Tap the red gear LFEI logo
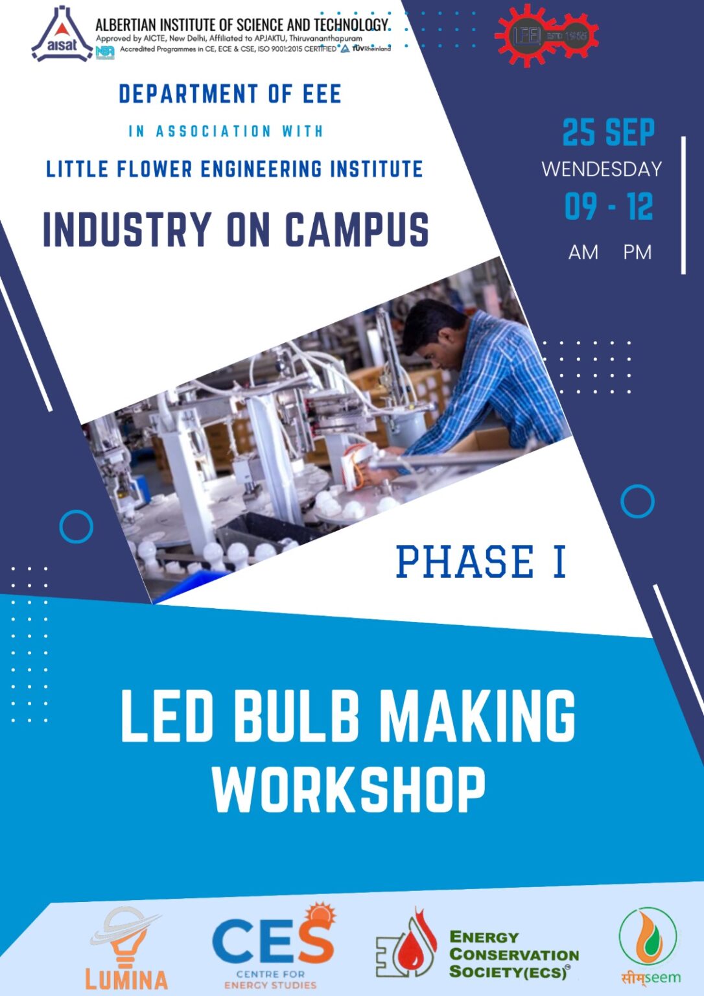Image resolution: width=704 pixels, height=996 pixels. (546, 35)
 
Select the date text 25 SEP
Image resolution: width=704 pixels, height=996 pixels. (608, 133)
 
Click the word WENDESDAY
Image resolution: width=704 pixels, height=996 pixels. (602, 169)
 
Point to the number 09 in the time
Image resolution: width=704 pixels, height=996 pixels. (580, 207)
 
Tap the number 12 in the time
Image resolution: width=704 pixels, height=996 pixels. (640, 207)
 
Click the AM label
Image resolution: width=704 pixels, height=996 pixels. (583, 252)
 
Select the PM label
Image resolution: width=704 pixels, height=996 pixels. (637, 252)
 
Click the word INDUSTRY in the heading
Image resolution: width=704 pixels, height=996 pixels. (127, 230)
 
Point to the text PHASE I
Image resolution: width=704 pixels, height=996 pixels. (481, 562)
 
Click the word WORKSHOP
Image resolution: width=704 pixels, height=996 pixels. (349, 790)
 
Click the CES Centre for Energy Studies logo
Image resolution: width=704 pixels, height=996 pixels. (273, 945)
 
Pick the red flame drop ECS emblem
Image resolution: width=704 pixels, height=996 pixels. (407, 945)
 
